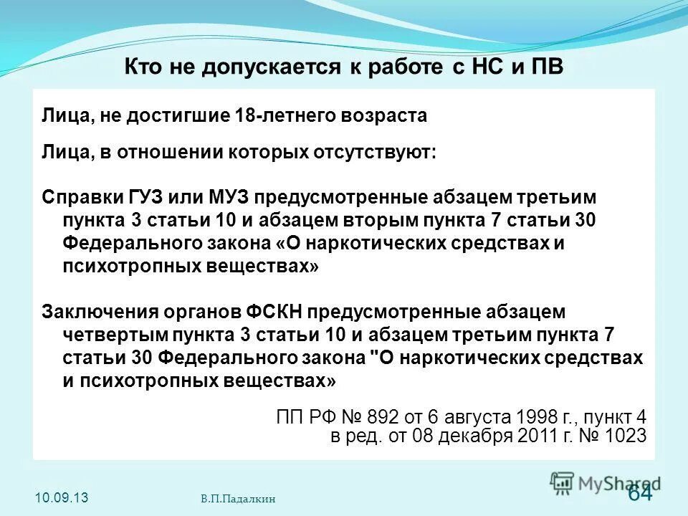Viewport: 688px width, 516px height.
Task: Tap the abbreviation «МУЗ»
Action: (x=227, y=196)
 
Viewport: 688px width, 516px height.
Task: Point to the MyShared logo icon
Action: (x=562, y=482)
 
